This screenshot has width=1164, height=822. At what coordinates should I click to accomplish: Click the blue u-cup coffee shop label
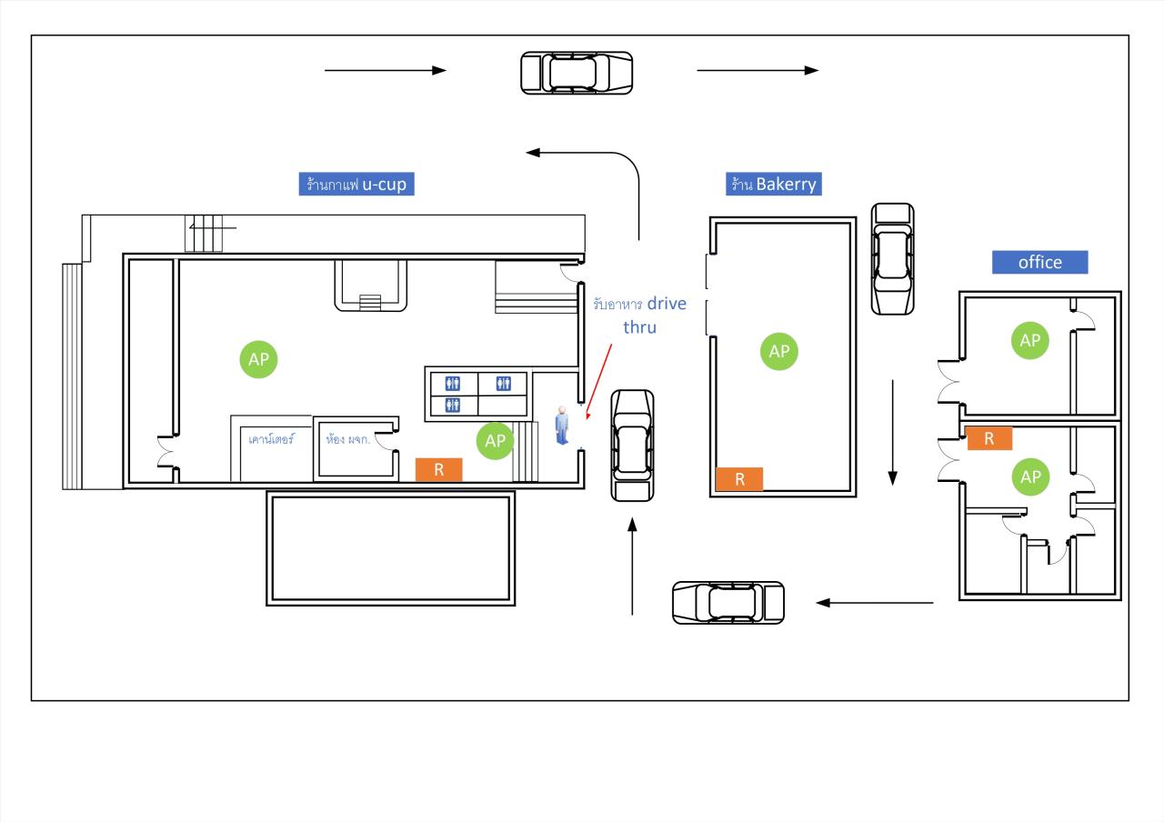click(x=357, y=185)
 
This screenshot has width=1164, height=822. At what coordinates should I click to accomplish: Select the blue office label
click(x=1039, y=263)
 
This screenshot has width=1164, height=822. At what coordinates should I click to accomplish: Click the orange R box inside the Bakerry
click(x=739, y=479)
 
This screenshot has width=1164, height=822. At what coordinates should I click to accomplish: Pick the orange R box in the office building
click(x=989, y=438)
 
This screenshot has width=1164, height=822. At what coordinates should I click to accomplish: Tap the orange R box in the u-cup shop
click(x=439, y=469)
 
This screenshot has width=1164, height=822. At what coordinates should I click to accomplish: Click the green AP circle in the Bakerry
click(x=778, y=351)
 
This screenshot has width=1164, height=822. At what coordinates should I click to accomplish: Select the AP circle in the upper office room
click(x=1030, y=340)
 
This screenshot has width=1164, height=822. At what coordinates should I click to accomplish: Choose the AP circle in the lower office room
click(x=1030, y=476)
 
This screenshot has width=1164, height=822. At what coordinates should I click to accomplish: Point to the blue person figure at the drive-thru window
click(x=563, y=426)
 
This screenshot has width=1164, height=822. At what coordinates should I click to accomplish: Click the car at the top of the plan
click(x=577, y=73)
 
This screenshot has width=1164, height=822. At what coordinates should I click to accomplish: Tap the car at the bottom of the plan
click(x=727, y=602)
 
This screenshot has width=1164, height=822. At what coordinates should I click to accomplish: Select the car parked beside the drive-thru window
click(x=632, y=446)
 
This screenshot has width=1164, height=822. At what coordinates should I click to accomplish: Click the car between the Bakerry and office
click(x=892, y=259)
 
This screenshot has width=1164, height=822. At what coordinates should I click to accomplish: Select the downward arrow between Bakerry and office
click(x=893, y=432)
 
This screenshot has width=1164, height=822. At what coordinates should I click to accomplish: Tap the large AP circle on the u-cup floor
click(x=258, y=359)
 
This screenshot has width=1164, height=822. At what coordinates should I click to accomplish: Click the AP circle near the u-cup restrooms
click(x=495, y=441)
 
